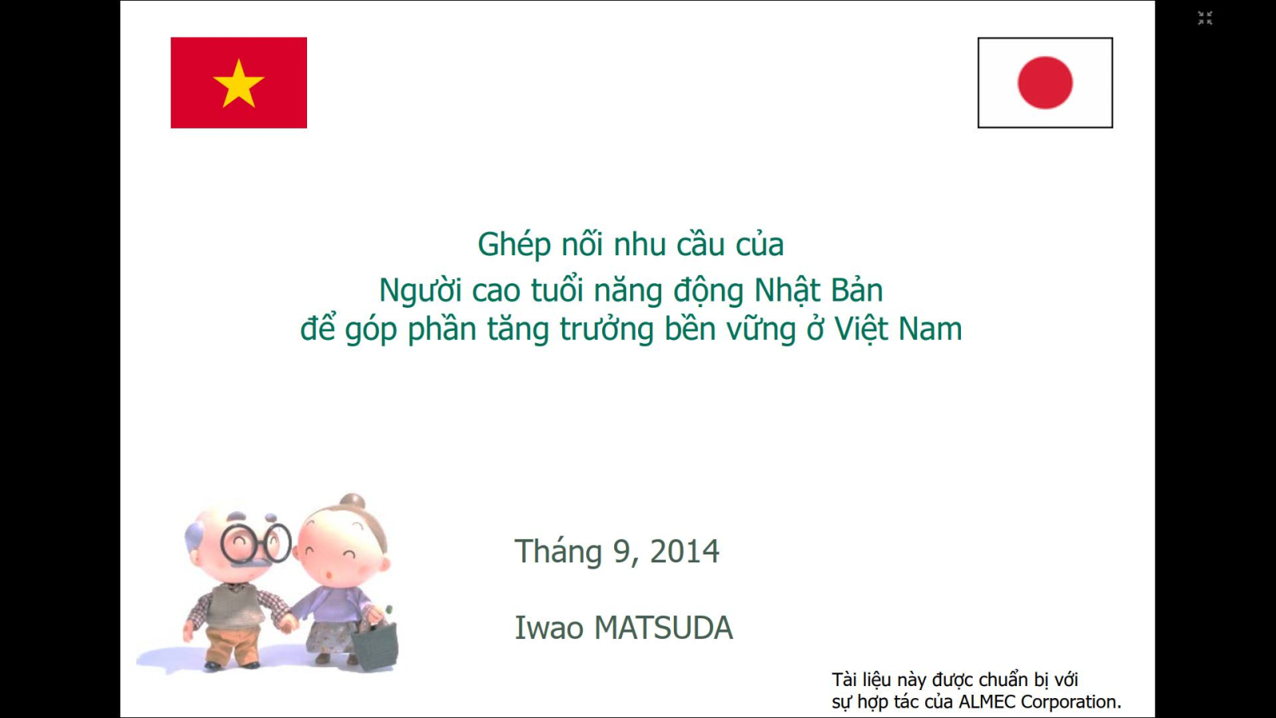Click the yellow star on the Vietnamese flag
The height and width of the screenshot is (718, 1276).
238,84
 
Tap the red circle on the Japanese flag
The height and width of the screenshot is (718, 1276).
1045,83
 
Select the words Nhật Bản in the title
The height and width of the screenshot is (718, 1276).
818,290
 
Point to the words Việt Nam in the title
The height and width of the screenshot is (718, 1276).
898,329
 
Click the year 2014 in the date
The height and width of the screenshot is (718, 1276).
684,551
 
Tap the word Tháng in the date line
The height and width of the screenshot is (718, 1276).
558,552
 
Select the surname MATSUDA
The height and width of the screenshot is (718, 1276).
663,628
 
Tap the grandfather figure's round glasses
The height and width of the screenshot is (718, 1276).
256,543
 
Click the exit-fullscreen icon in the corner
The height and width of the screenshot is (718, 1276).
1205,18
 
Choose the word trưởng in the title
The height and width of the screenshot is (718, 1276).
606,330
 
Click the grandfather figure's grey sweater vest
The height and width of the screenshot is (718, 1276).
234,605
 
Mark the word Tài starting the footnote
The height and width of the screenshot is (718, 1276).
842,680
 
